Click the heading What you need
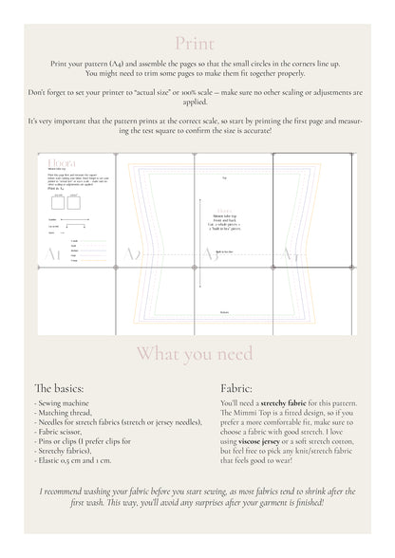tap(197, 354)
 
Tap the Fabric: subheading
tap(236, 388)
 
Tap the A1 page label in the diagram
tap(57, 253)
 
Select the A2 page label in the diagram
tap(134, 253)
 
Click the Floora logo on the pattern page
tap(58, 164)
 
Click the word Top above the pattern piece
tap(224, 177)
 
